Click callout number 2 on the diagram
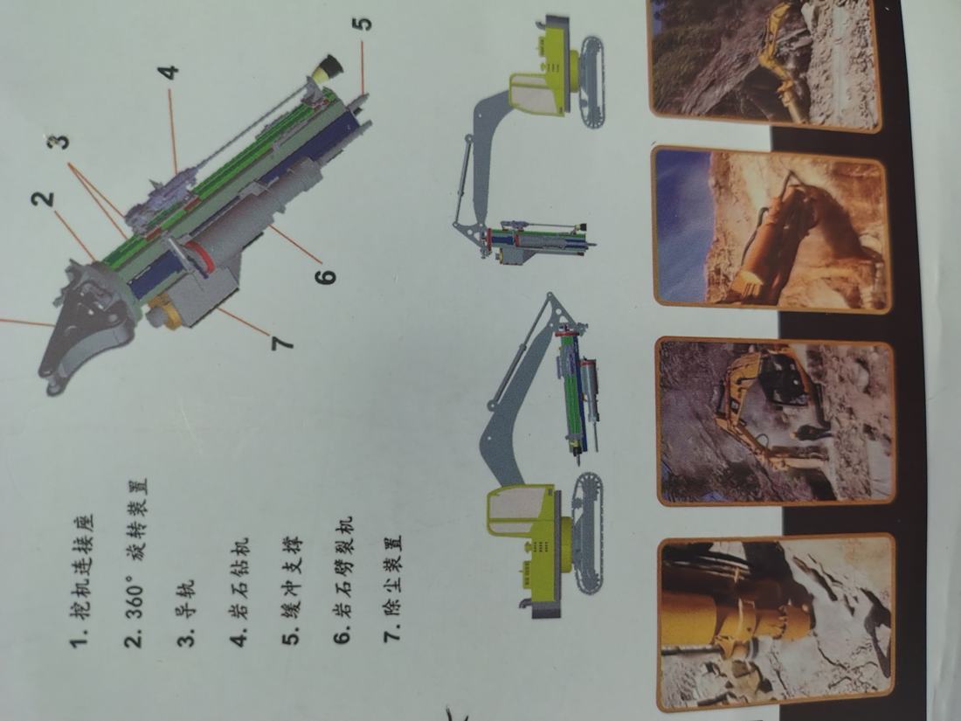45,200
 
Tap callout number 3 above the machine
59,142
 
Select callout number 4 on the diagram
169,72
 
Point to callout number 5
363,23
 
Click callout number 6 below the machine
326,276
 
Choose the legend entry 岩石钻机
239,592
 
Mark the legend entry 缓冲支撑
292,591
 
